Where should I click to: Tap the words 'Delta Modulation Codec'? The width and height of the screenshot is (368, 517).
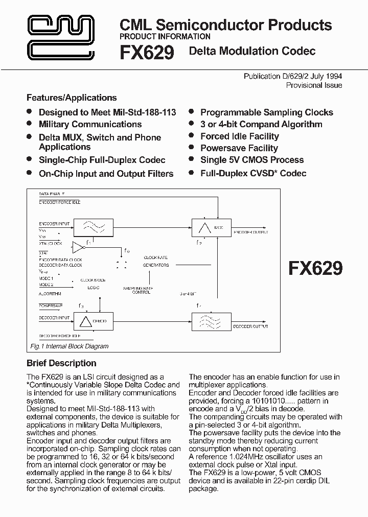point(252,51)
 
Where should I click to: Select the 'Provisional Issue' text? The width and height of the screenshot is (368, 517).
point(314,85)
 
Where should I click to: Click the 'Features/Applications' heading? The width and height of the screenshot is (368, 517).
point(72,98)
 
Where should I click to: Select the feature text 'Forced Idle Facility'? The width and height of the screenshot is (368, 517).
point(239,136)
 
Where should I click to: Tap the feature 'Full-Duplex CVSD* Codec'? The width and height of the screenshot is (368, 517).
point(253,173)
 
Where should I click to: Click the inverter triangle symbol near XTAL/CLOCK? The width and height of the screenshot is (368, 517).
point(78,247)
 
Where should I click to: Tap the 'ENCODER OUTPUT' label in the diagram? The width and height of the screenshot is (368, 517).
point(250,232)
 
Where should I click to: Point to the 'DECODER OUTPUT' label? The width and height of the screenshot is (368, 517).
point(250,326)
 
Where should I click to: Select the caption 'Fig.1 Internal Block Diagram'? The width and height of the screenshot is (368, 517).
point(69,346)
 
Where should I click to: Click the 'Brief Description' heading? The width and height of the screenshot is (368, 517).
point(61,363)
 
